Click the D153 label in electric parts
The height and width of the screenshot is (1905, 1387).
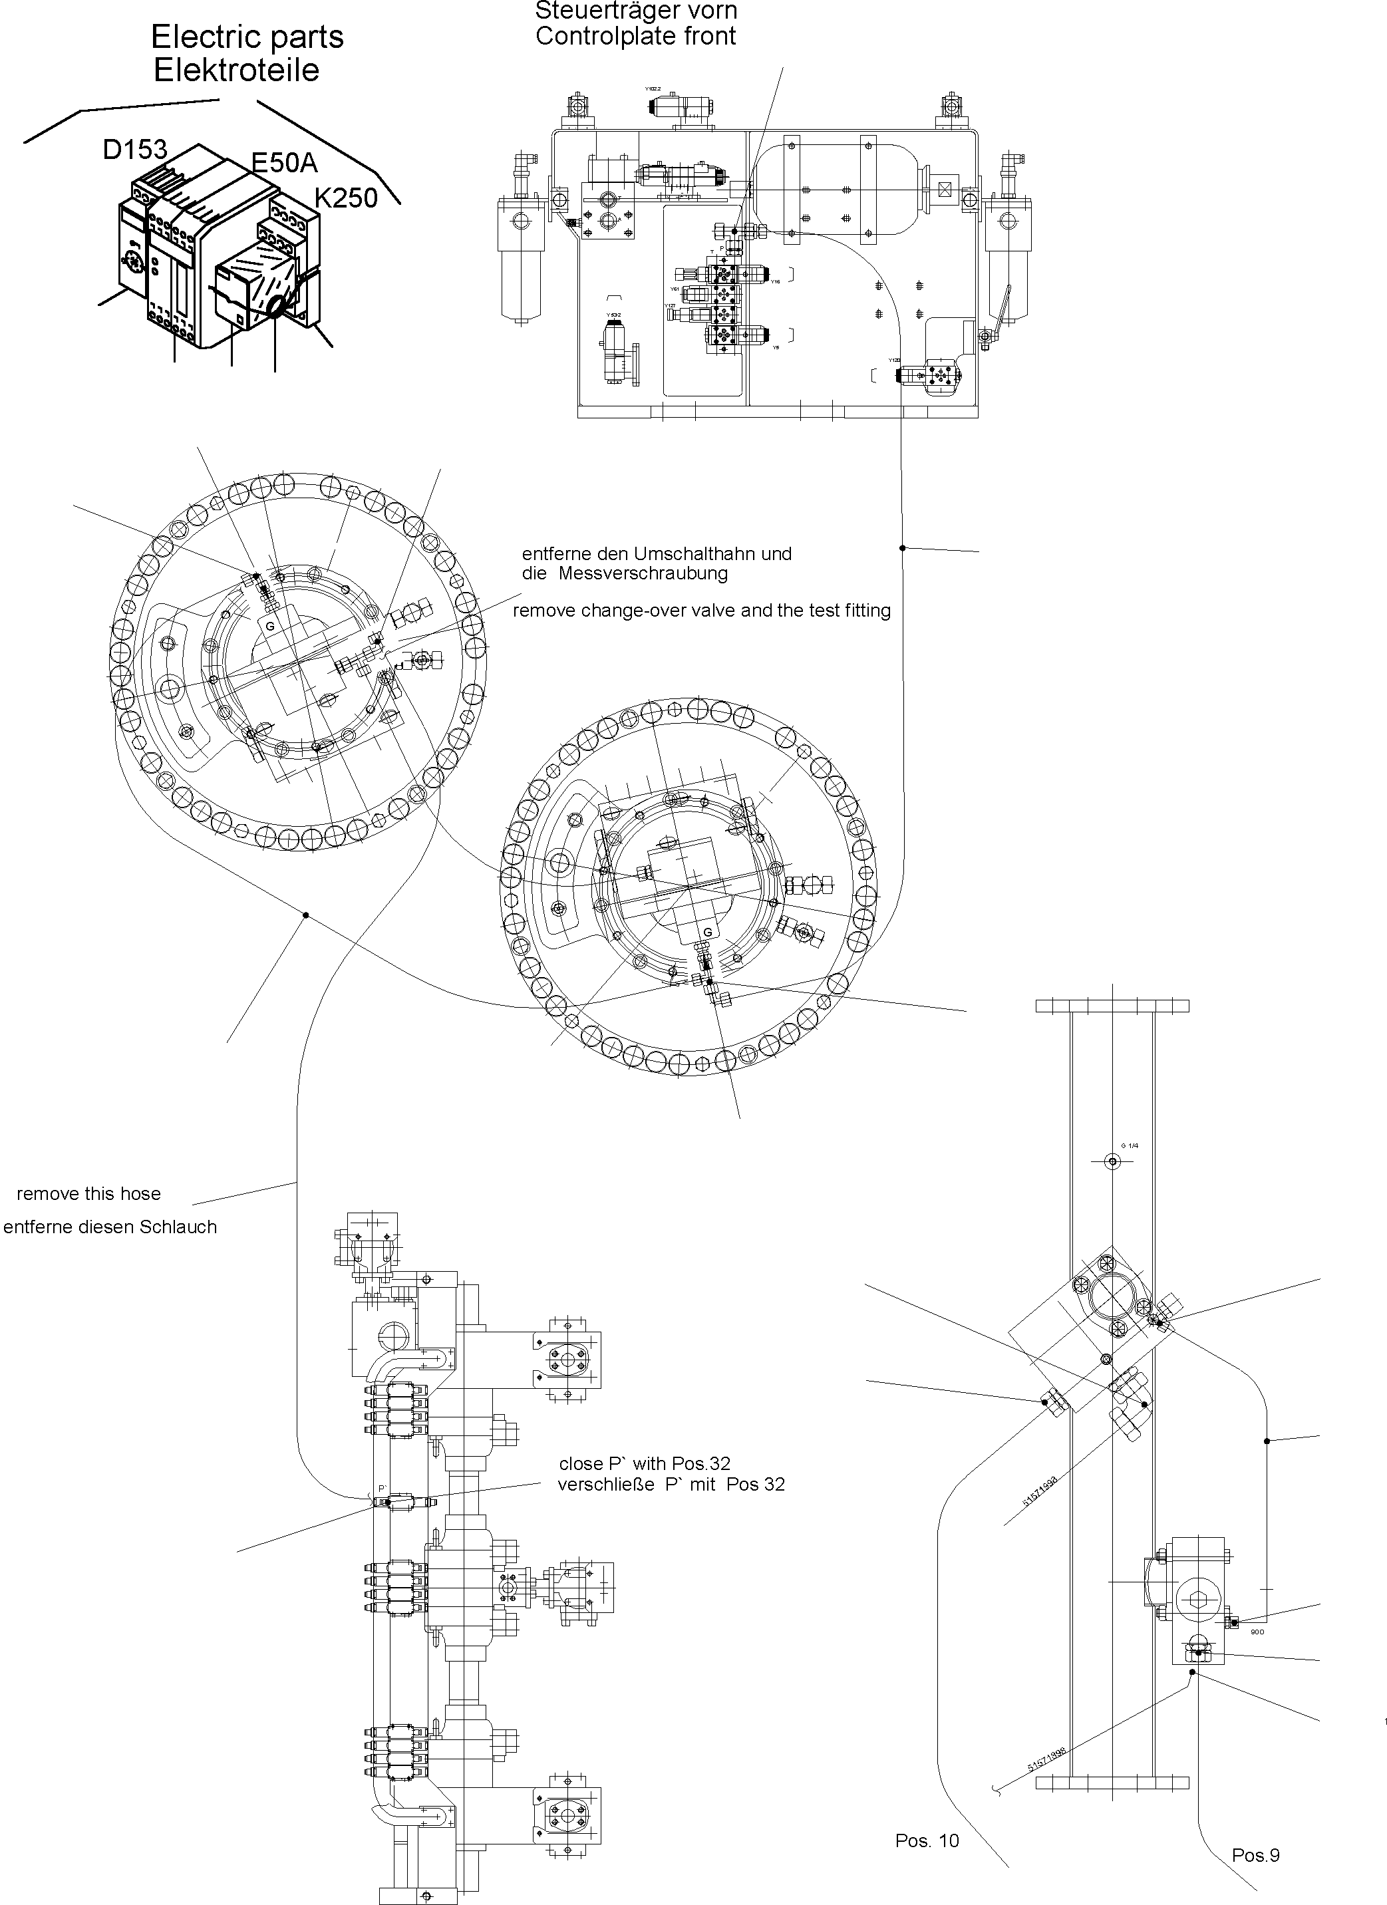click(x=134, y=150)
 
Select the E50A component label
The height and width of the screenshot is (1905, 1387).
click(x=285, y=163)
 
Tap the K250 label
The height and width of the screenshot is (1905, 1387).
click(x=345, y=198)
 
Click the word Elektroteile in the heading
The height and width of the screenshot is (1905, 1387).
click(x=236, y=71)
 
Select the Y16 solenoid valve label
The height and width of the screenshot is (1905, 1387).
click(x=776, y=282)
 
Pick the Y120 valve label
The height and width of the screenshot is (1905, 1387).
click(x=895, y=361)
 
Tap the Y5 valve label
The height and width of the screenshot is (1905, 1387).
click(x=776, y=347)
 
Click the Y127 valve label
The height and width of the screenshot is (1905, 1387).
click(x=670, y=306)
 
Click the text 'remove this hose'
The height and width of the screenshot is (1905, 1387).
click(x=88, y=1193)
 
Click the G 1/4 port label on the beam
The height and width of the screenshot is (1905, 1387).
click(x=1130, y=1145)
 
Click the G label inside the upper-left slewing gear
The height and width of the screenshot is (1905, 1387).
click(x=269, y=627)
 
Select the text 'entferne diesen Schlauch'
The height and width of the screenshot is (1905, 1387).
click(x=110, y=1227)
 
